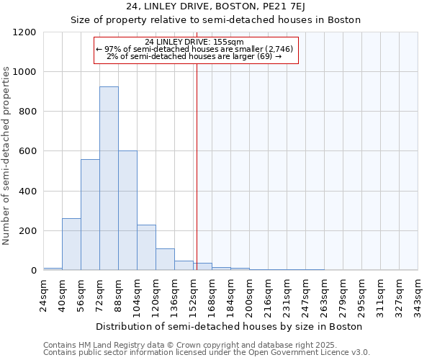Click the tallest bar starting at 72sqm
pos(109,179)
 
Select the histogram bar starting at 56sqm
pos(90,215)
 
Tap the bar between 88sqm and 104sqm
pos(127,210)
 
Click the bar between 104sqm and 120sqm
pos(146,247)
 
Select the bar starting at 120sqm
pos(165,259)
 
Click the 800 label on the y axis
pos(27,112)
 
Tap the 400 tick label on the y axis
pos(27,192)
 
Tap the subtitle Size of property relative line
pos(216,19)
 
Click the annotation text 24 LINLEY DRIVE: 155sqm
pos(194,42)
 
